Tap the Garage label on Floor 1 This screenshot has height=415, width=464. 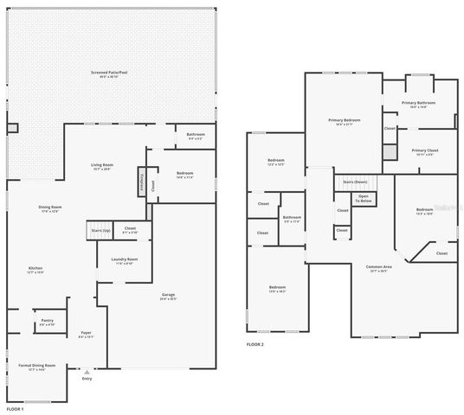(168, 297)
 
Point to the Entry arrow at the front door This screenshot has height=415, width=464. (86, 373)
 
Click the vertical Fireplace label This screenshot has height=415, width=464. (141, 183)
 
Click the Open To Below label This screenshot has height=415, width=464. (364, 199)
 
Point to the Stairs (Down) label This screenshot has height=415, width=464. (355, 182)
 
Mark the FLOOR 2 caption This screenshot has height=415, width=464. (255, 344)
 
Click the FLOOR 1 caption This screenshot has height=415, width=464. (15, 408)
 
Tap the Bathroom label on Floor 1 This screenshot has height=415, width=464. (195, 136)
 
